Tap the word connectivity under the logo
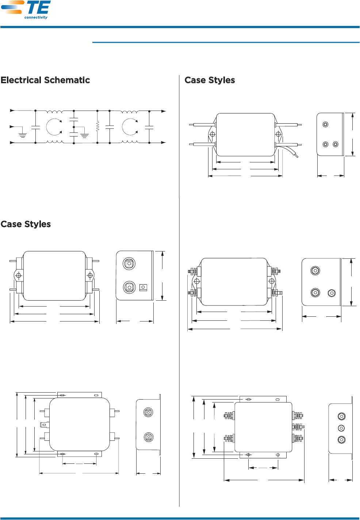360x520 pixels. click(36, 18)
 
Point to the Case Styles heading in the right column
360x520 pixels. click(210, 80)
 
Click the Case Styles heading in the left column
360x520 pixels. click(26, 224)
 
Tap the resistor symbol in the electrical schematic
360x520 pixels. click(97, 127)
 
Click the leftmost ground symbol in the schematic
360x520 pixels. click(23, 135)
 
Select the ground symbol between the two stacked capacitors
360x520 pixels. click(84, 135)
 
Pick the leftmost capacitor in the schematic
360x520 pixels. click(35, 127)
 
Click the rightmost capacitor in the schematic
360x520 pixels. click(149, 127)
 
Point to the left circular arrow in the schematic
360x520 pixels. click(54, 127)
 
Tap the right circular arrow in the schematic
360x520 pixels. click(130, 127)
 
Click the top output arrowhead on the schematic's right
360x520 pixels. click(164, 111)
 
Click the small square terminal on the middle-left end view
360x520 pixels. click(143, 288)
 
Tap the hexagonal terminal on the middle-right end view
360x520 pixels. click(332, 293)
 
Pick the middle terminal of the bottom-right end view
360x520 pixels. click(341, 428)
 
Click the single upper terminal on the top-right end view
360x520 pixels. click(325, 124)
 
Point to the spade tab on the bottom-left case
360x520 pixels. click(43, 424)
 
